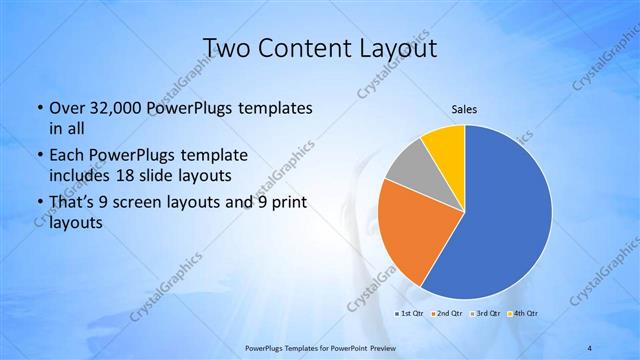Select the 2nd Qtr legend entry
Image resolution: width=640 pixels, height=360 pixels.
point(447,313)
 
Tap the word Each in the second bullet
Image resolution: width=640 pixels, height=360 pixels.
point(67,157)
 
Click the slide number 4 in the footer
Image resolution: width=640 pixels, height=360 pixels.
point(591,347)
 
